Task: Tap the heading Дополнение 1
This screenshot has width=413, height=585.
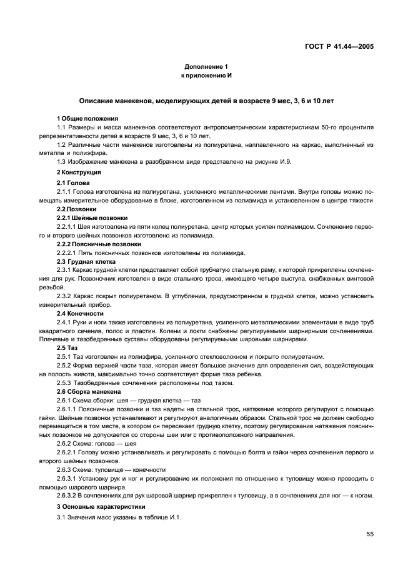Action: [206, 66]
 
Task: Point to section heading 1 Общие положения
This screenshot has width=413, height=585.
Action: [87, 118]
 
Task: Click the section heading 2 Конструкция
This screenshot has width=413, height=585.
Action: [79, 171]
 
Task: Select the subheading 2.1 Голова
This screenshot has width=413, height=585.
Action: [73, 182]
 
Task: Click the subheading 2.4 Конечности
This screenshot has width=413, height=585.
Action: [81, 312]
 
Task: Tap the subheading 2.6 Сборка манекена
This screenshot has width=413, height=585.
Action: [88, 391]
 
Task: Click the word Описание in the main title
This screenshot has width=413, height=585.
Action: [97, 100]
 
